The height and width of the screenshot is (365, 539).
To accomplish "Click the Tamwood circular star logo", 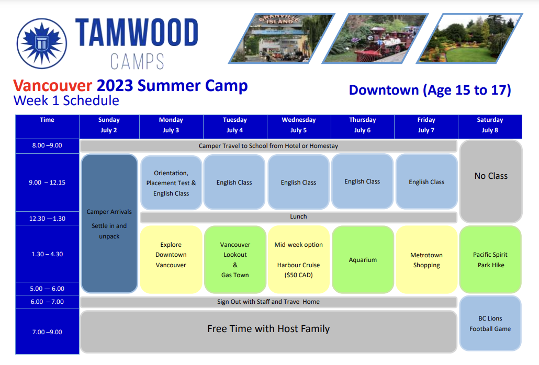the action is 42,43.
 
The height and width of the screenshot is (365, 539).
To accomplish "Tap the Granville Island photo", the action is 282,39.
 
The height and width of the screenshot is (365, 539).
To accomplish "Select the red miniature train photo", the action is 375,39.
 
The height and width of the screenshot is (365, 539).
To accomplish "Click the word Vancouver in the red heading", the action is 53,85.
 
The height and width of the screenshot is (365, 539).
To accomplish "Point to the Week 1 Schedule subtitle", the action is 66,100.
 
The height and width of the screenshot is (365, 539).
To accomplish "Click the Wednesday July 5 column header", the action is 298,125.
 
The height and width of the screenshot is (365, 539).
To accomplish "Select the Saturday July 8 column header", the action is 490,125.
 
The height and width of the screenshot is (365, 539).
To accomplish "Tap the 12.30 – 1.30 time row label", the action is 47,219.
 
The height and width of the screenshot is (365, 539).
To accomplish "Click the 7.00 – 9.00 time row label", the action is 47,332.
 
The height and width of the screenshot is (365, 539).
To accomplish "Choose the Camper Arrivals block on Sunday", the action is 109,223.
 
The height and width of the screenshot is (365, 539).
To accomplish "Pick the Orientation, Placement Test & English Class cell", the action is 171,183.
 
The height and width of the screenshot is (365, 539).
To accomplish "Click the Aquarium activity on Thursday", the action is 363,259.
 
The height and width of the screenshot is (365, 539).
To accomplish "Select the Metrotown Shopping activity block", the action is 426,259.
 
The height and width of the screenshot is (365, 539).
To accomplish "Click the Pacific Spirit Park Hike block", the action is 490,259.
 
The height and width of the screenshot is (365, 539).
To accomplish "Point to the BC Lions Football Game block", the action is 490,324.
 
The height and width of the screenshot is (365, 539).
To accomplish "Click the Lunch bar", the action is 298,217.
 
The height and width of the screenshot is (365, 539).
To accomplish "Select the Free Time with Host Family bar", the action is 268,332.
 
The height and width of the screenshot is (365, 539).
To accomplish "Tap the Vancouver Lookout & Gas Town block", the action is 235,259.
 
